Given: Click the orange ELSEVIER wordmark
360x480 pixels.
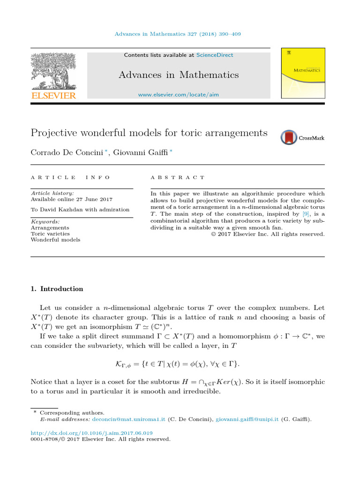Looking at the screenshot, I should click(53, 95).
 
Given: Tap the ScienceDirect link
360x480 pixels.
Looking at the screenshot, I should click(214, 55).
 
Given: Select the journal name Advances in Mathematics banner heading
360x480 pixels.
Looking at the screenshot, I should click(178, 75).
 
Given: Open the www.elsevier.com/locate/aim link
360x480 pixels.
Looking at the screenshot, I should click(178, 95).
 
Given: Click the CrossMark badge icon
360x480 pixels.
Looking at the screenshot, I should click(289, 137).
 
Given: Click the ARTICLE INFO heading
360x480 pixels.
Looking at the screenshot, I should click(70, 178).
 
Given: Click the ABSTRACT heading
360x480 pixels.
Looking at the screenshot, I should click(177, 178).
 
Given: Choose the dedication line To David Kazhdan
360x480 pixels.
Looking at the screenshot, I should click(80, 210).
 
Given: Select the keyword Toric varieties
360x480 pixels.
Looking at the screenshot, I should click(50, 233).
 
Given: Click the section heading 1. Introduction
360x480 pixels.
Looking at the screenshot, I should click(57, 289).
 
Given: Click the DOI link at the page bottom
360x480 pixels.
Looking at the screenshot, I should click(91, 433).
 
